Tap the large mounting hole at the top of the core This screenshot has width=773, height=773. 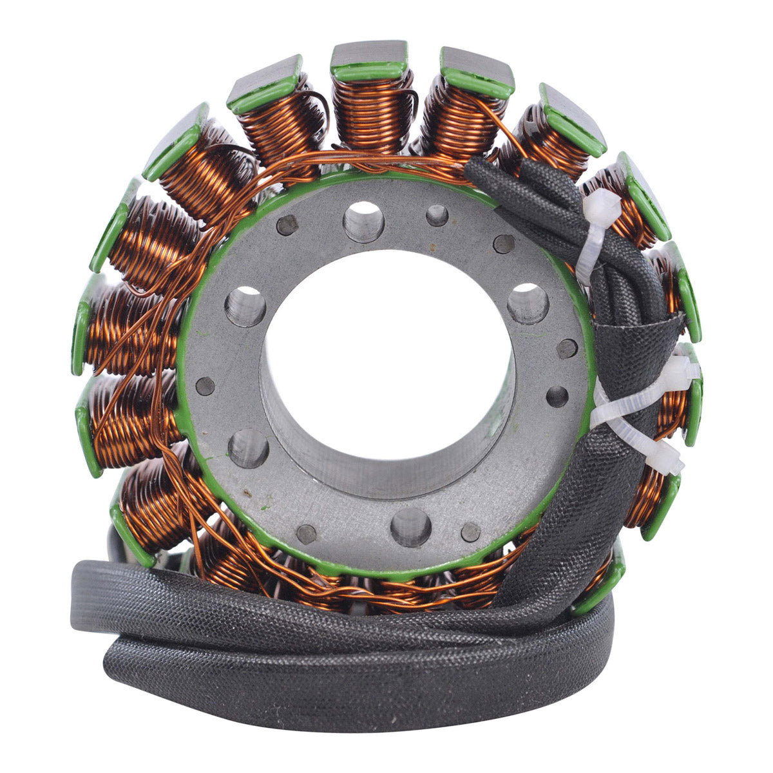pyautogui.click(x=364, y=222)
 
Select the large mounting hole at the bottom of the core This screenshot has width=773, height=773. pyautogui.click(x=410, y=527)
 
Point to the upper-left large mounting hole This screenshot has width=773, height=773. pyautogui.click(x=245, y=306)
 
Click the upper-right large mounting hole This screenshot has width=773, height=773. pyautogui.click(x=528, y=303)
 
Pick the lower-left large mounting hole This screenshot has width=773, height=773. pyautogui.click(x=248, y=448)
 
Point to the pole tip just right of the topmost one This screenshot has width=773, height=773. pyautogui.click(x=477, y=71)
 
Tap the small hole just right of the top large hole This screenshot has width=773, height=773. pyautogui.click(x=437, y=215)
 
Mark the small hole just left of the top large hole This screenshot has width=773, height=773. pyautogui.click(x=287, y=225)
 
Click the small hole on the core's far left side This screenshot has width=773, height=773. pyautogui.click(x=205, y=386)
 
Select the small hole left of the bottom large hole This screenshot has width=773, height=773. pyautogui.click(x=307, y=533)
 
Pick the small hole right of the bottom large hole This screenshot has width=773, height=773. pyautogui.click(x=471, y=531)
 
